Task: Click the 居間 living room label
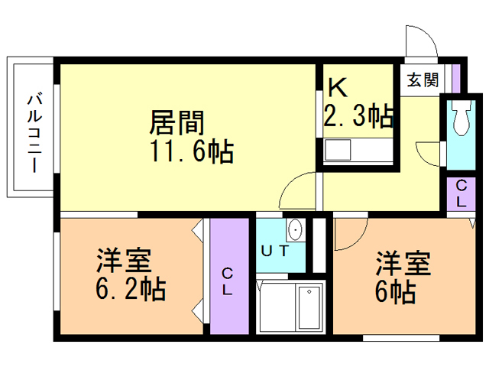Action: click(177, 122)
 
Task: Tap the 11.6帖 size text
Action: click(190, 151)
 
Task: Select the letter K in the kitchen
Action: click(338, 88)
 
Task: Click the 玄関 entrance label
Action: click(422, 79)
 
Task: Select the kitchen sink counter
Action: click(358, 150)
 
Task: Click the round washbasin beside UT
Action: click(296, 229)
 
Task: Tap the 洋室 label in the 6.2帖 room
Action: click(124, 260)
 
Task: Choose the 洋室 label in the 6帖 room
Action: click(403, 263)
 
